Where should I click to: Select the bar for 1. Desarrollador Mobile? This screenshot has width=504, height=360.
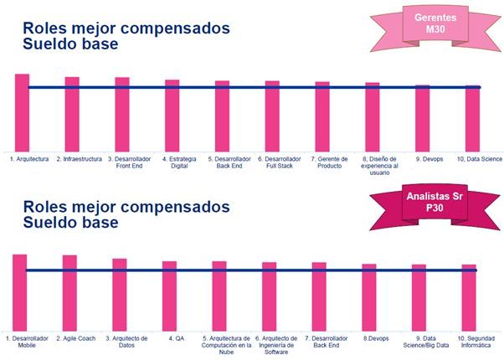[20, 292]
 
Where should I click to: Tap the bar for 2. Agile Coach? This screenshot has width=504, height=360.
[69, 293]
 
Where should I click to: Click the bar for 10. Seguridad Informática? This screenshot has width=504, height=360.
[469, 298]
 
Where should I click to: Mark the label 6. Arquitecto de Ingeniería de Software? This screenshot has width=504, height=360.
[276, 345]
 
